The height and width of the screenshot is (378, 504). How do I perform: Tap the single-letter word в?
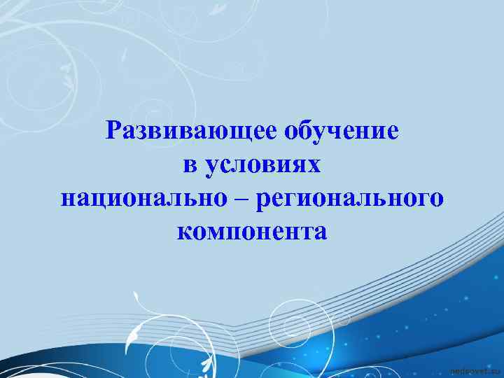188,164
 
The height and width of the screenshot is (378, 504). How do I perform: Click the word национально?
143,197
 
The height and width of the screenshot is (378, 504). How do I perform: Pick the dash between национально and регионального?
241,198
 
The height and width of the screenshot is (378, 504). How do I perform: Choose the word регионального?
350,198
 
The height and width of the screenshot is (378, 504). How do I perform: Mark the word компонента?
252,230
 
